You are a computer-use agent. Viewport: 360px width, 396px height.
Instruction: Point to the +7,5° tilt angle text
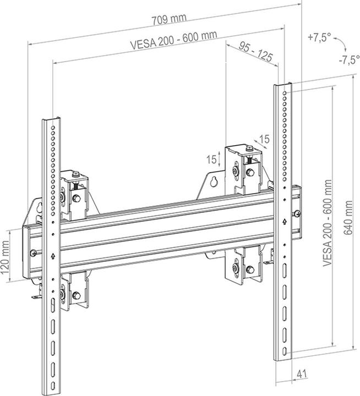click(320, 37)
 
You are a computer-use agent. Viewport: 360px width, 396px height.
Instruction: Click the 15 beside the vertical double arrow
click(211, 159)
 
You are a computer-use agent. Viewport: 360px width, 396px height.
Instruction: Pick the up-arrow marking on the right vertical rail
click(283, 222)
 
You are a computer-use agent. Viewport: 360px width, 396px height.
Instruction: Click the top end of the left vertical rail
click(50, 119)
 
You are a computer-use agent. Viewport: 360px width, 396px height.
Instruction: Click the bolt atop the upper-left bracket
click(77, 176)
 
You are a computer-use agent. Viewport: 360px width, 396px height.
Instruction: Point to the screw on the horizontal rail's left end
click(34, 252)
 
